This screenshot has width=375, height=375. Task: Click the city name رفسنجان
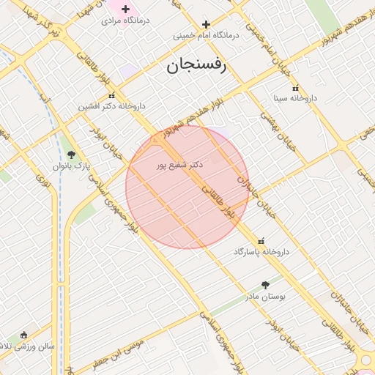(197, 64)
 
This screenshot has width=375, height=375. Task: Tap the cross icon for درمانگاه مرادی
(125, 10)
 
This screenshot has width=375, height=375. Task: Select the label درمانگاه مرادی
(125, 21)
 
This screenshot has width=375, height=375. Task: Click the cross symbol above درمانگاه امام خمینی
(206, 24)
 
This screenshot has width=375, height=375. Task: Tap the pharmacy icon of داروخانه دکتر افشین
(111, 96)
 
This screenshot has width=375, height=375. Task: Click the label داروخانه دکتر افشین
(112, 106)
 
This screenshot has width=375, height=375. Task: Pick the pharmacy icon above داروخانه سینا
(295, 88)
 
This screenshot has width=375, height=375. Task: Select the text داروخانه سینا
(294, 97)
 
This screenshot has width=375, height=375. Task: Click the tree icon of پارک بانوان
(71, 155)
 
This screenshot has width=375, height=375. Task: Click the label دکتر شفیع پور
(179, 166)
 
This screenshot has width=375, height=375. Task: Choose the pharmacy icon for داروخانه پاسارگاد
(261, 242)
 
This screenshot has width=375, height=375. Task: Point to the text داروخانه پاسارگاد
(261, 252)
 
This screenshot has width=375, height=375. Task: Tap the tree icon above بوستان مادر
(265, 285)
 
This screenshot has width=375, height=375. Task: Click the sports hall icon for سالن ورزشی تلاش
(23, 335)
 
